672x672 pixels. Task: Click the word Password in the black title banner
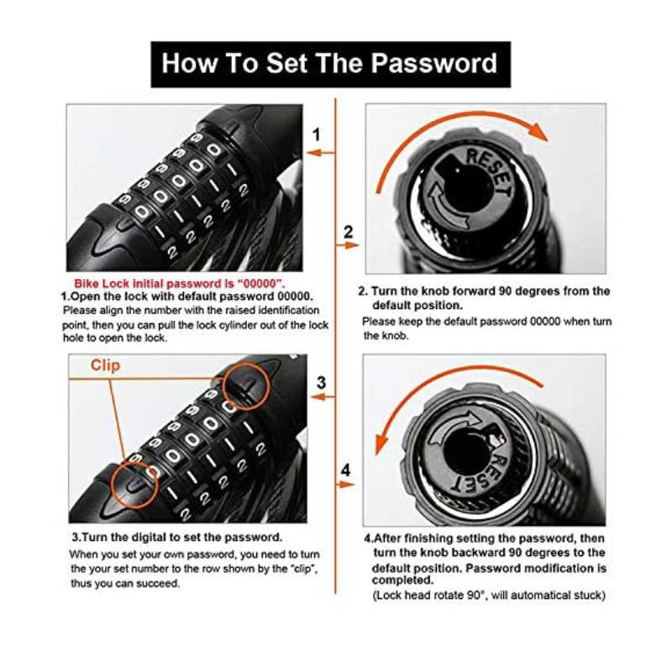coord(433,65)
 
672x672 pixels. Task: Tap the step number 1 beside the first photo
coord(317,134)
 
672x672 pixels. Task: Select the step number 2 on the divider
coord(348,233)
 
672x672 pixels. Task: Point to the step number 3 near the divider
coord(321,382)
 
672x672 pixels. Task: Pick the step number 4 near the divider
coord(346,470)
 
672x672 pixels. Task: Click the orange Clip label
coord(106,365)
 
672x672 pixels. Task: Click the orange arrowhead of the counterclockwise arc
coord(382,444)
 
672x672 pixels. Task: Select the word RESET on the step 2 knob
coord(490,171)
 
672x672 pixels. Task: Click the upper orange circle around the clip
coord(247,386)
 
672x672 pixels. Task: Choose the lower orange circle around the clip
coord(134,485)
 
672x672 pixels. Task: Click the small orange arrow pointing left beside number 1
coord(321,153)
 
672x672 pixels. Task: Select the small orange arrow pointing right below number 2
coord(347,245)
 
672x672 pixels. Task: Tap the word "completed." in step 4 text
coord(403,580)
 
